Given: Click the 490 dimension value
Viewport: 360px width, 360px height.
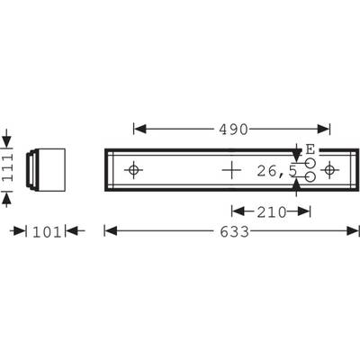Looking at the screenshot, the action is coord(233,130).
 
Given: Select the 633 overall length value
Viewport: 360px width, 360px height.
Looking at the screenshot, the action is coord(235,231).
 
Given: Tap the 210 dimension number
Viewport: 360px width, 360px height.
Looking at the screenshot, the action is coord(272,212).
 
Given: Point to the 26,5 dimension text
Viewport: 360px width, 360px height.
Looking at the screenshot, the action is coord(276,171).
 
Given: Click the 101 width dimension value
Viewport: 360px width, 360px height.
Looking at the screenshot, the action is coord(47,232).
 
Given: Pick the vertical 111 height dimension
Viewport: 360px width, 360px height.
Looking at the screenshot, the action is coord(7,167).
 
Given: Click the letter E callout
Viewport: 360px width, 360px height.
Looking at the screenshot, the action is coord(310,149).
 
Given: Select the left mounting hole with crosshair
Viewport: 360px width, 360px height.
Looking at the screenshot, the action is coord(133,170).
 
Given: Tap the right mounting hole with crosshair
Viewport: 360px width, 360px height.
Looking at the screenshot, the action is coord(329,170).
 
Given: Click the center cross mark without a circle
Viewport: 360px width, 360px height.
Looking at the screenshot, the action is coord(231,170).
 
